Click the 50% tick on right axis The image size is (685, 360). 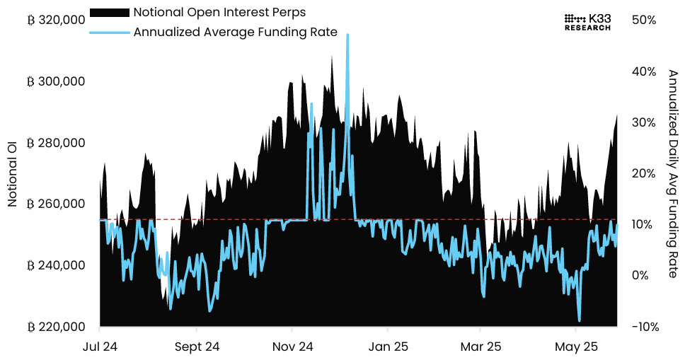click(x=645, y=21)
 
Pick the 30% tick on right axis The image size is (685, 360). click(x=645, y=122)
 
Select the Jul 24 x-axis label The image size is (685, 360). click(x=100, y=347)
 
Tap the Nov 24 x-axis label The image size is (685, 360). click(x=292, y=347)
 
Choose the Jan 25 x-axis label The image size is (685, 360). click(x=388, y=347)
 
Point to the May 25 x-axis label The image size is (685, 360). click(x=576, y=347)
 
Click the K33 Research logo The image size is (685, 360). click(x=587, y=22)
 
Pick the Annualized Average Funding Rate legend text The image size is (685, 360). click(x=235, y=32)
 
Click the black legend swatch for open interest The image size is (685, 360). click(x=110, y=13)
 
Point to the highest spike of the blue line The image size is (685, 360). click(x=347, y=35)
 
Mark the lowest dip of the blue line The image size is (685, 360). click(x=580, y=320)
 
